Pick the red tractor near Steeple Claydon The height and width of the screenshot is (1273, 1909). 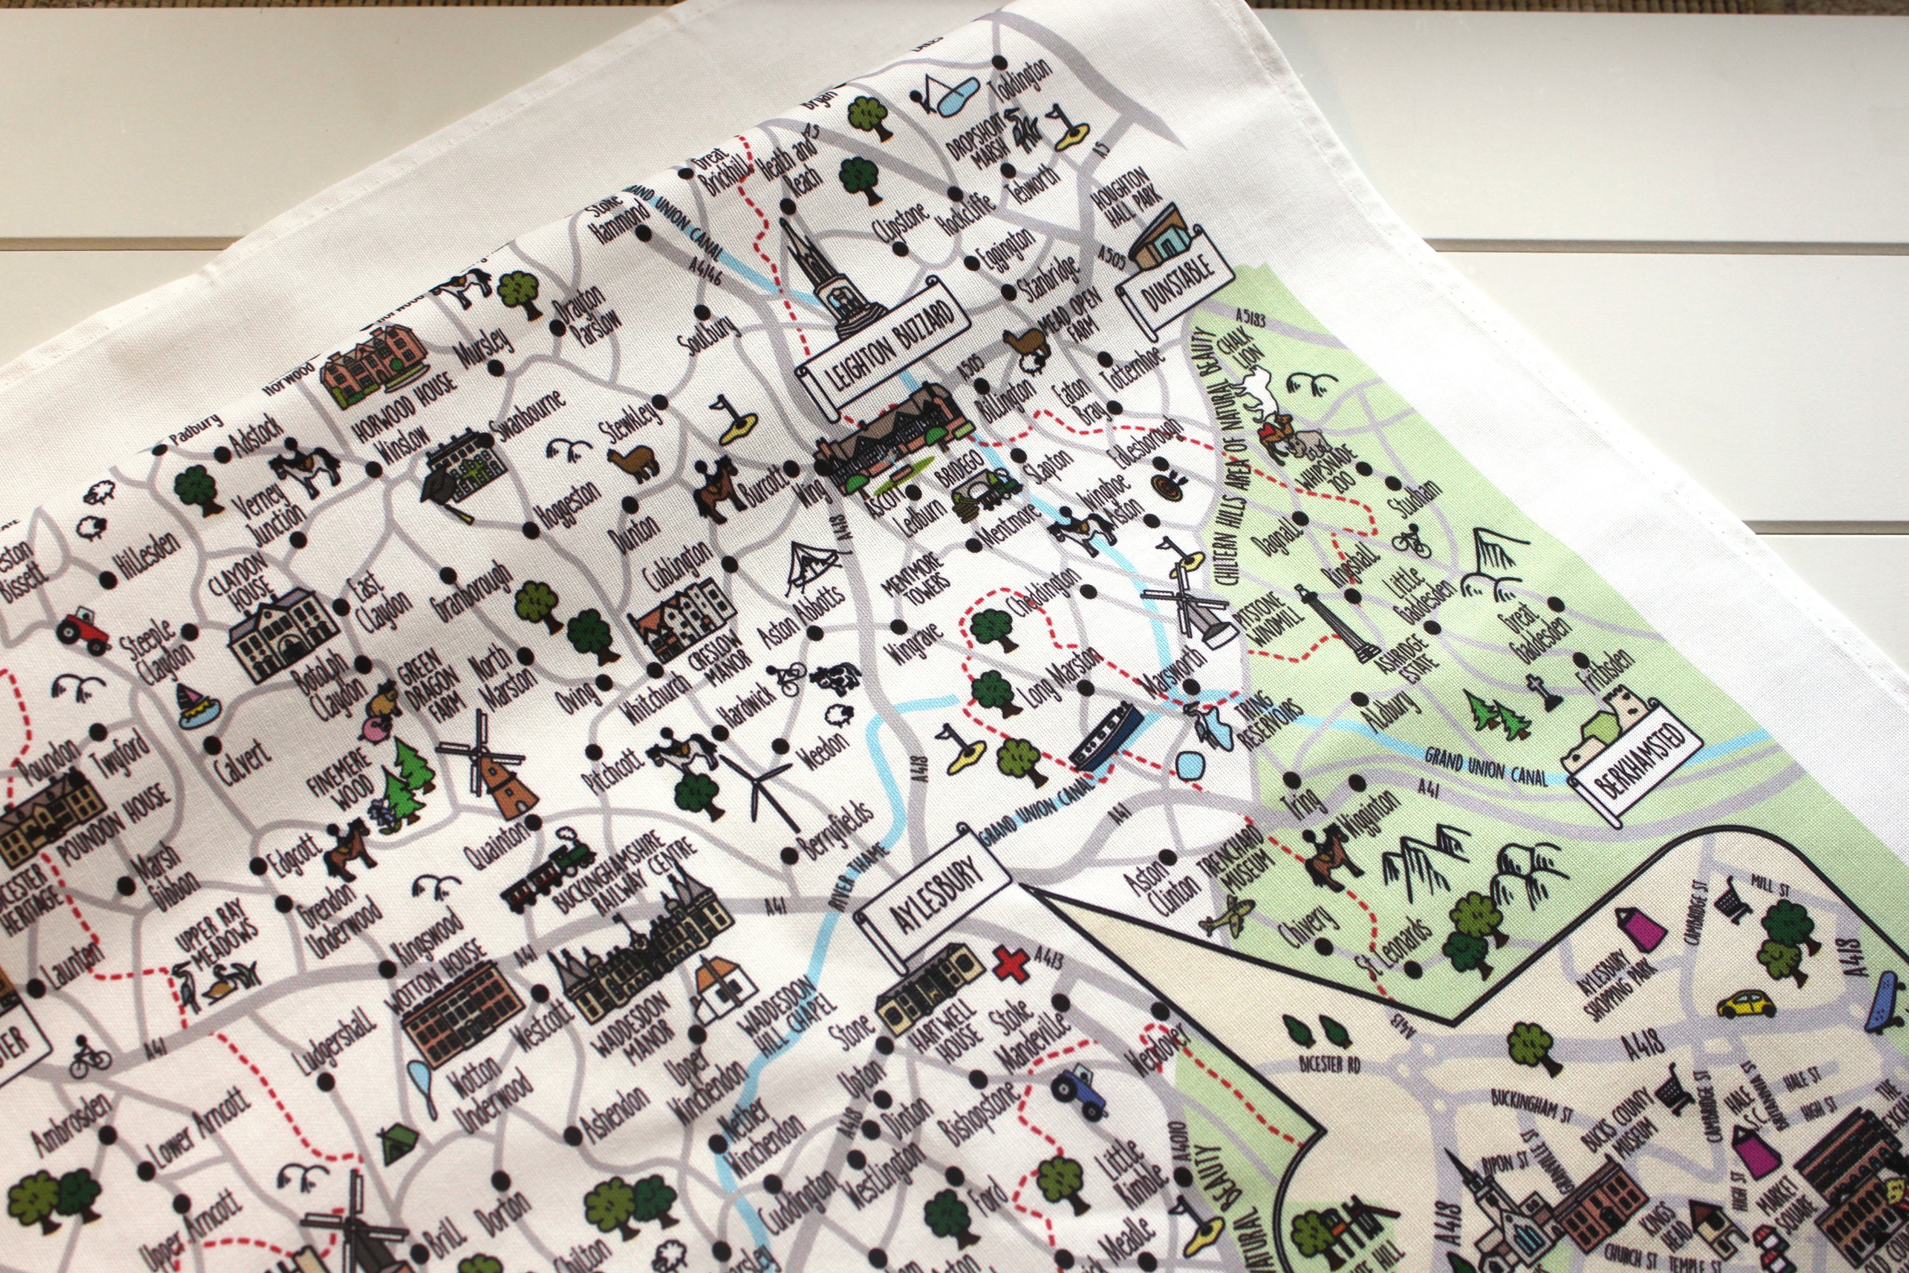(83, 631)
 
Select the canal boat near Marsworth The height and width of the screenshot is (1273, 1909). (1104, 737)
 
